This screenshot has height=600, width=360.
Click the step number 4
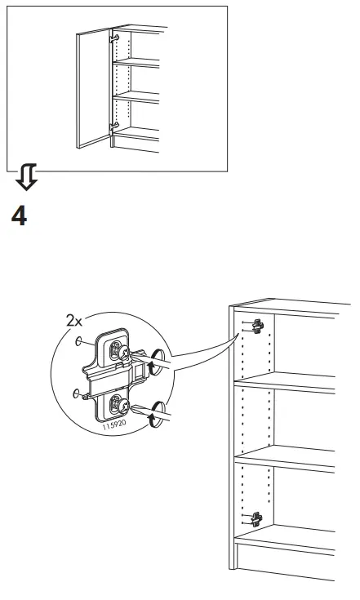[20, 217]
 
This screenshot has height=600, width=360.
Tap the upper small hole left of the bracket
[78, 344]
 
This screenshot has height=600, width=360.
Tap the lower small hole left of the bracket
[75, 393]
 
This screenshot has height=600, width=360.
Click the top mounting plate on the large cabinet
[257, 326]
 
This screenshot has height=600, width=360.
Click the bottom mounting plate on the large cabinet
[257, 517]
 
